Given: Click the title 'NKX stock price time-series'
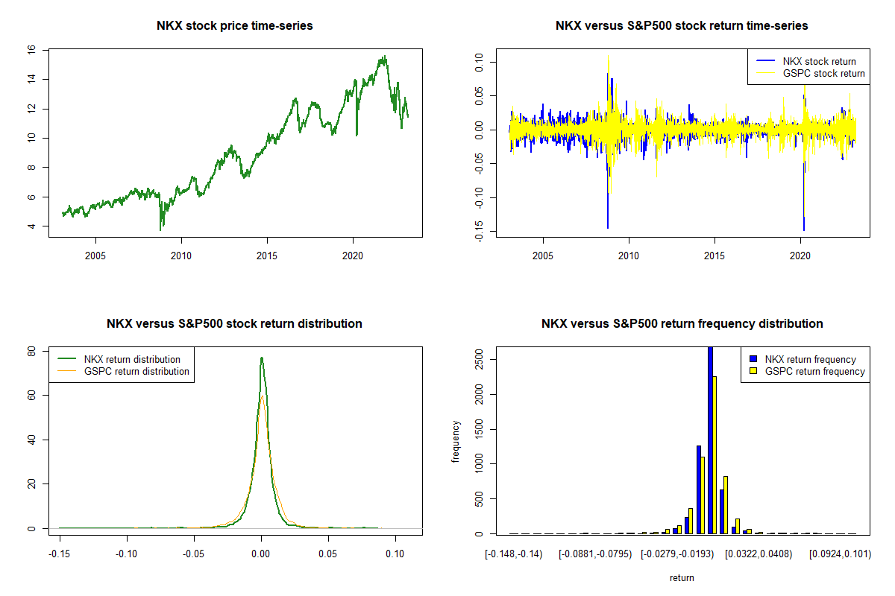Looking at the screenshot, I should click(x=234, y=26).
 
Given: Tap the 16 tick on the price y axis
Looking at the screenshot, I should click(x=32, y=49).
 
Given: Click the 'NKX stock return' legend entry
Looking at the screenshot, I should click(x=818, y=61).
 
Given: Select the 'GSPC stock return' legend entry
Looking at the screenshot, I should click(x=823, y=73).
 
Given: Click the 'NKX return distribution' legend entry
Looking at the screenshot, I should click(x=132, y=359).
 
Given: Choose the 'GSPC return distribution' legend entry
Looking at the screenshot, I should click(x=136, y=371).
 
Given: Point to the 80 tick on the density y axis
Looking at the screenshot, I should click(x=32, y=352).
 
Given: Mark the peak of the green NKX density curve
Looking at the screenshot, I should click(x=261, y=358).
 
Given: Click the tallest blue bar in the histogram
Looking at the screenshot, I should click(x=710, y=440).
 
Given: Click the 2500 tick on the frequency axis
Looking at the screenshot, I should click(x=480, y=359).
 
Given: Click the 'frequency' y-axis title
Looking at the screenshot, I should click(x=456, y=442).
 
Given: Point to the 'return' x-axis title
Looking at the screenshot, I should click(x=682, y=577).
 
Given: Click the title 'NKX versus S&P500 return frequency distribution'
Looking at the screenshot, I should click(x=682, y=324).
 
